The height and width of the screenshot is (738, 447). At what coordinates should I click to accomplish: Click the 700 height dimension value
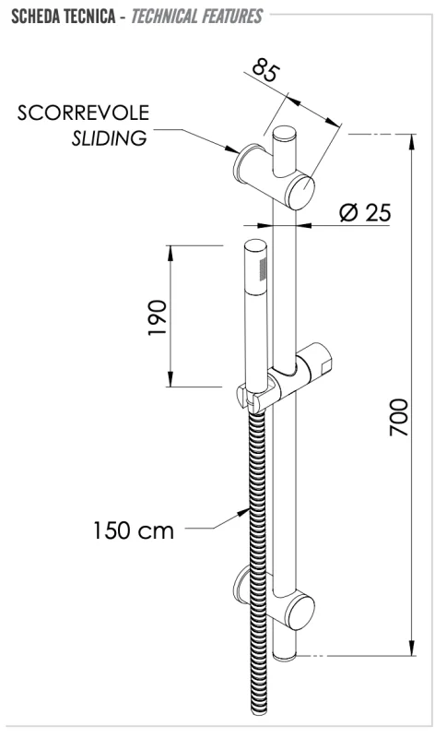[397, 417]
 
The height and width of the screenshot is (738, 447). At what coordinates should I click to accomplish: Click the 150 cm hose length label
[134, 530]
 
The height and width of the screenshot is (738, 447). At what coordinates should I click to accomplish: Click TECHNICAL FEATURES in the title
[195, 17]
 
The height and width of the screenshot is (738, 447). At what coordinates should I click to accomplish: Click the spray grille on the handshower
[263, 268]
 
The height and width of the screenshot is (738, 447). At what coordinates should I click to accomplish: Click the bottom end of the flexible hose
[257, 711]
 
